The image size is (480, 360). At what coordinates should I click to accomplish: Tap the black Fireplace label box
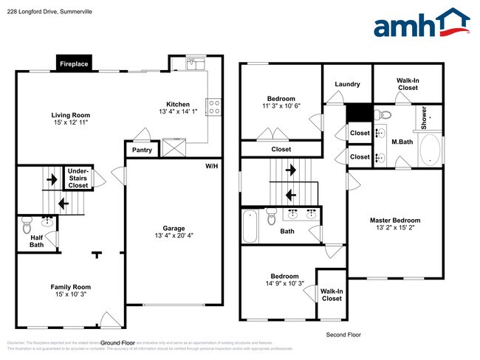[74, 64]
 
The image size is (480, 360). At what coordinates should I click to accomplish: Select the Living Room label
[70, 115]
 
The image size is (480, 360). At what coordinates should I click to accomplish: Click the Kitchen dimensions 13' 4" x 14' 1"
[178, 112]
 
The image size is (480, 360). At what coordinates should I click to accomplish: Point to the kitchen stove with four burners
[214, 107]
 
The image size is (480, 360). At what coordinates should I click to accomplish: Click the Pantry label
[142, 150]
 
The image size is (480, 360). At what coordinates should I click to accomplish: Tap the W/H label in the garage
[212, 166]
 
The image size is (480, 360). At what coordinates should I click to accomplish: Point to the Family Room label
[70, 287]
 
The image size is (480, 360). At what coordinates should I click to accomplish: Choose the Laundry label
[347, 84]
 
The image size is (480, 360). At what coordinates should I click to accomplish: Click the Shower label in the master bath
[424, 119]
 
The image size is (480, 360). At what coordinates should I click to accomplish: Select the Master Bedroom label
[395, 221]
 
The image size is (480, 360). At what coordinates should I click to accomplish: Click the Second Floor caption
[343, 335]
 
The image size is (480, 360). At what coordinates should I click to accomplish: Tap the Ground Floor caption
[118, 343]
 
